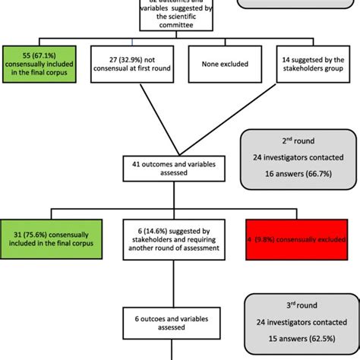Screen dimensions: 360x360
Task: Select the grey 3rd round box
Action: (x=298, y=321)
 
